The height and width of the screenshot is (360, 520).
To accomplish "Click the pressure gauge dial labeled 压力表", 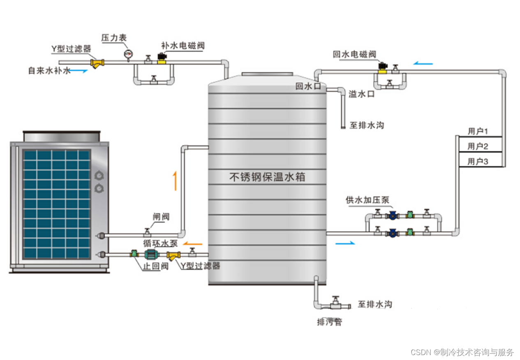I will [x=129, y=53].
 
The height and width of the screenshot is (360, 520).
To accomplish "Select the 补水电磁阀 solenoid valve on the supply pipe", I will [x=162, y=58].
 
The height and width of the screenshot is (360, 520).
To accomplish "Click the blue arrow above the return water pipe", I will [x=423, y=64].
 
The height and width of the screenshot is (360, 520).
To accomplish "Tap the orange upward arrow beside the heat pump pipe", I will [x=176, y=181].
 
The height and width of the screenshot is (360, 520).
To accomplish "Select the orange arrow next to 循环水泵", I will [x=192, y=243].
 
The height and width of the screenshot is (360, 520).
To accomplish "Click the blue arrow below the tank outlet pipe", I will [x=344, y=244].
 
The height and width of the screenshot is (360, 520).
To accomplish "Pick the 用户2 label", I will [x=478, y=146].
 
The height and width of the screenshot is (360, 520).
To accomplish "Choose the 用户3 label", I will [x=478, y=162].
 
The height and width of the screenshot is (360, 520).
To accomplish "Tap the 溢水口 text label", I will [x=362, y=94].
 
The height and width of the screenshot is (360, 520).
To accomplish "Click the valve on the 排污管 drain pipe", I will [x=335, y=304].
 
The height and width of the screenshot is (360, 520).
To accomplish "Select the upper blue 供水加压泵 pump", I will [x=393, y=215].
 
